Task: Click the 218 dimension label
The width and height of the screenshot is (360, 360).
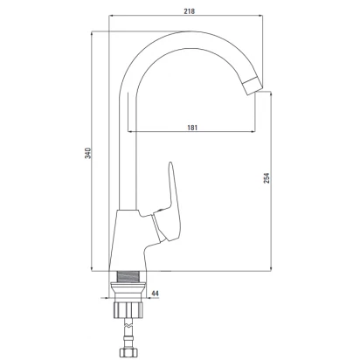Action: (189, 11)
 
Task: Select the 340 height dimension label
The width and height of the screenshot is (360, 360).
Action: (88, 153)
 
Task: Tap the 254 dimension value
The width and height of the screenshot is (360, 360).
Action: (267, 178)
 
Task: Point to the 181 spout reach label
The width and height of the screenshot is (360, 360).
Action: (192, 128)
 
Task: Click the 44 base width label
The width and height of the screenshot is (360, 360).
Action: (156, 294)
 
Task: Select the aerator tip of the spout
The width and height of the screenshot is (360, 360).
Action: (253, 86)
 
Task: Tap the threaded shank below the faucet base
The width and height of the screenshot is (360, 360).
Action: (128, 276)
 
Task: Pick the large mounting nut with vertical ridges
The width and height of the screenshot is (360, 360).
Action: (128, 309)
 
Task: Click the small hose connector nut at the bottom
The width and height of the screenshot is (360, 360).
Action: (128, 352)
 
